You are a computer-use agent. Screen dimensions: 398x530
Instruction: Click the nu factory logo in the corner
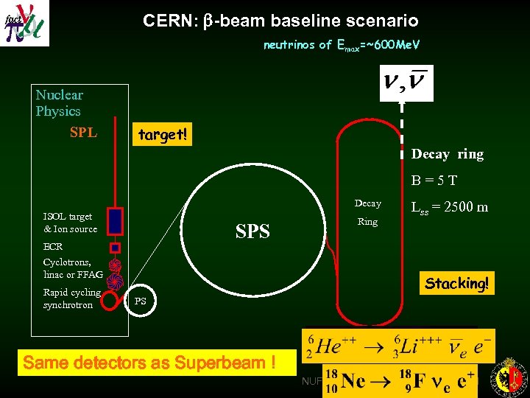pyautogui.click(x=25, y=23)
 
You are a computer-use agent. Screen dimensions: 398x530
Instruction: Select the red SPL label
pyautogui.click(x=83, y=133)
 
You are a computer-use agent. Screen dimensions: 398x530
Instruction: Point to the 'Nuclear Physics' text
pyautogui.click(x=59, y=102)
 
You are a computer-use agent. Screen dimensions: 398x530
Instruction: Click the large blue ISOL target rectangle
pyautogui.click(x=115, y=220)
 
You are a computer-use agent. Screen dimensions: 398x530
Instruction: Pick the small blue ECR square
pyautogui.click(x=115, y=248)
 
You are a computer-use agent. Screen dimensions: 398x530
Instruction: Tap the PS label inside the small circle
pyautogui.click(x=140, y=301)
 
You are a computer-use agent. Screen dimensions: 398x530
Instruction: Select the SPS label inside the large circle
pyautogui.click(x=252, y=231)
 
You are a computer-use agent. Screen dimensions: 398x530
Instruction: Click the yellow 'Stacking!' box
pyautogui.click(x=456, y=283)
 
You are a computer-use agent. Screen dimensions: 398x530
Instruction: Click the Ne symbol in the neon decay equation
pyautogui.click(x=353, y=380)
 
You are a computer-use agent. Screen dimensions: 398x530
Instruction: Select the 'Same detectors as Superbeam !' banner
pyautogui.click(x=150, y=363)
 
